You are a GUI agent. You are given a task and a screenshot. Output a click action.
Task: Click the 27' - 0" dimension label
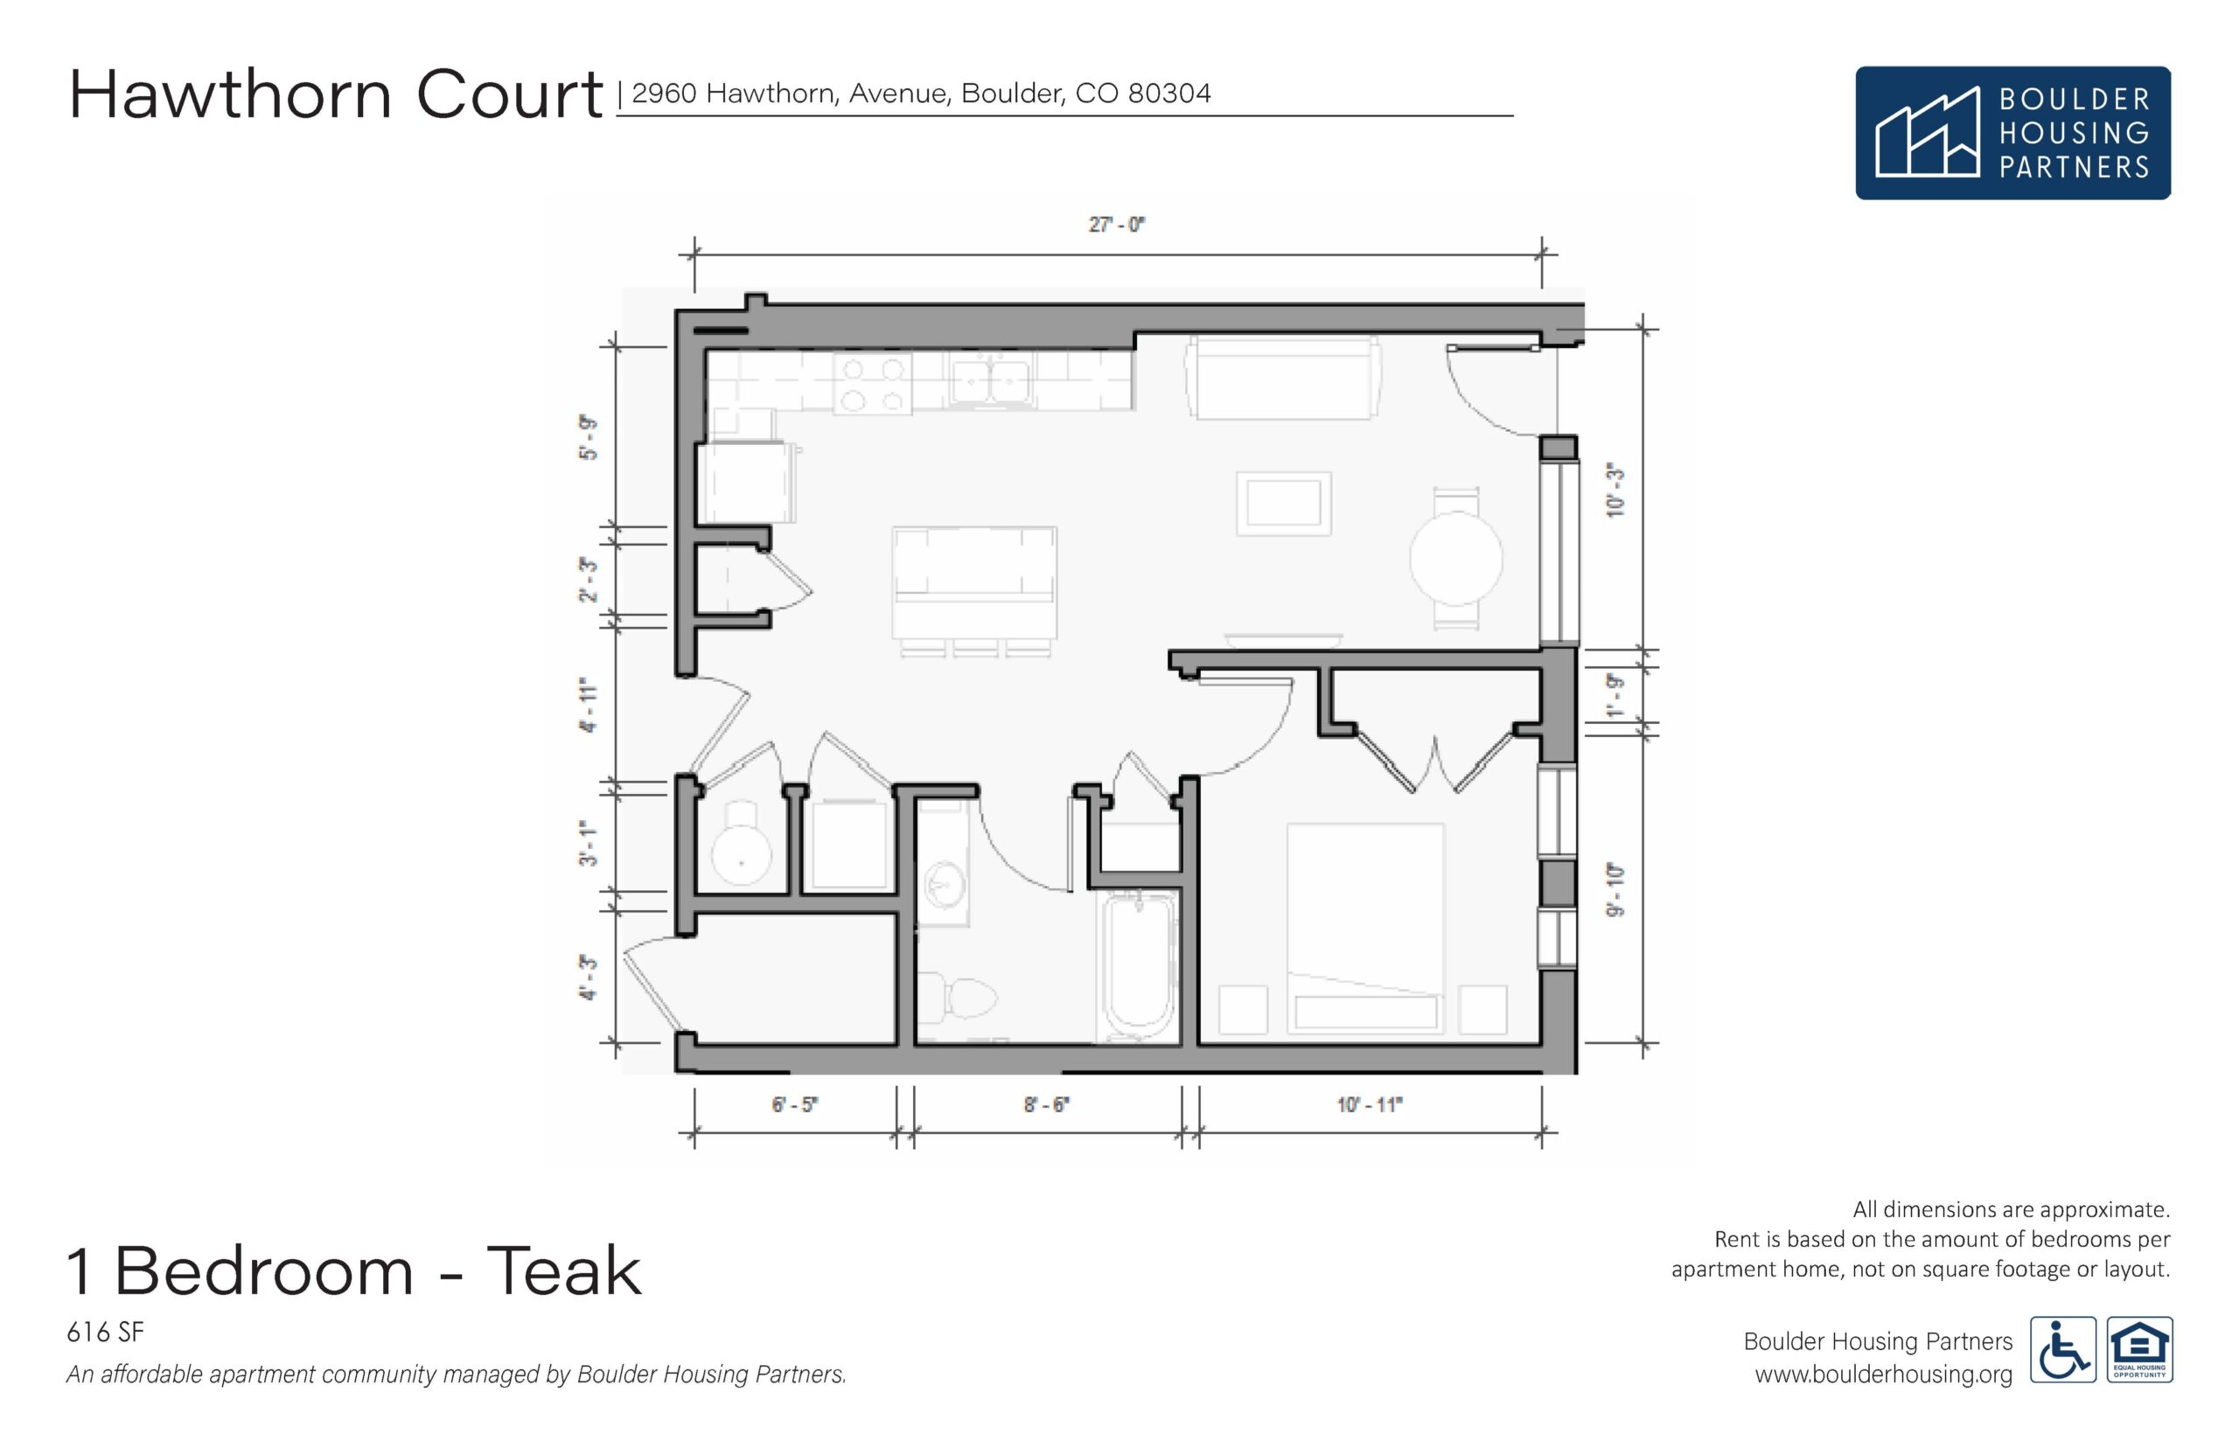tap(1116, 225)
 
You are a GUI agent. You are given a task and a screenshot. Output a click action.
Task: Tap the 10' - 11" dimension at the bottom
tap(1369, 1105)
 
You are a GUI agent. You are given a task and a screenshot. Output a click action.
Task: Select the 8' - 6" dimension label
tap(1047, 1105)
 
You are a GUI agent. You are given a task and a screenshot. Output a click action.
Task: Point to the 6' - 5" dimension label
tap(795, 1105)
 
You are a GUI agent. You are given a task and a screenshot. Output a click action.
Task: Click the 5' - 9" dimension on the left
tap(588, 437)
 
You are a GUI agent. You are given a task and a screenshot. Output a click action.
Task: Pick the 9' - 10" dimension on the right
tap(1615, 890)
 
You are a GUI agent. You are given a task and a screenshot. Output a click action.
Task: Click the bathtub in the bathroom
tap(1139, 965)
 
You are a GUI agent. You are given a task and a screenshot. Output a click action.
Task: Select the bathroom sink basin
tap(943, 885)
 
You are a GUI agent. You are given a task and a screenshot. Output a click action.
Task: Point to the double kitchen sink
tap(989, 382)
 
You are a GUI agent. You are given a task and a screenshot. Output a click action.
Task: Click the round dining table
tap(1455, 559)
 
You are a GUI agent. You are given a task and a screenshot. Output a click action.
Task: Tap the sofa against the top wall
tap(1283, 378)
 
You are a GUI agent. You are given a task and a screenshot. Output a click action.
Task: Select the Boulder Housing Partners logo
tap(2012, 133)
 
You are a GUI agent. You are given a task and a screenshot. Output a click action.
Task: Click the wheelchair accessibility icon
tap(2063, 1349)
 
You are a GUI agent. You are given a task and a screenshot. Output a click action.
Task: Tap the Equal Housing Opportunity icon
tap(2140, 1349)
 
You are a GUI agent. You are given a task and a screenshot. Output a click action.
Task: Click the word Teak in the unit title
tap(563, 1271)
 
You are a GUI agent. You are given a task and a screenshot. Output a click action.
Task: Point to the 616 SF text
tap(105, 1333)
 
